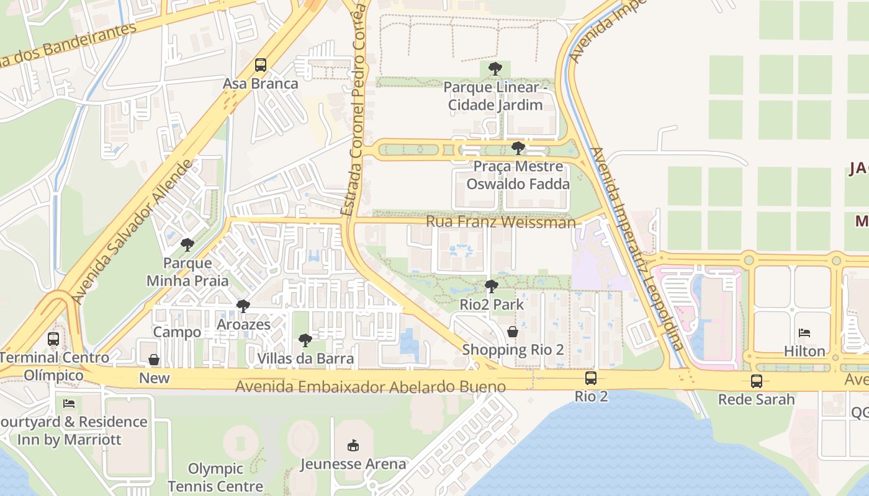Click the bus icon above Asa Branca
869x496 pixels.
(x=261, y=65)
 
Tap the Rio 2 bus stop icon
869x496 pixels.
(x=591, y=378)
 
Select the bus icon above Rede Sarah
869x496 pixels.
(x=756, y=381)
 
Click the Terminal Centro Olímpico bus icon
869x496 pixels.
(x=53, y=339)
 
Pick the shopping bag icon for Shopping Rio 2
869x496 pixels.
(x=513, y=332)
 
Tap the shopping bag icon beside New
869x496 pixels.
(x=154, y=360)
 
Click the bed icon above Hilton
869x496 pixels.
(x=804, y=333)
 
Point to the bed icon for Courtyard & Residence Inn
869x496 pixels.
(x=69, y=404)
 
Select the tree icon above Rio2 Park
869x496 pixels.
(x=492, y=286)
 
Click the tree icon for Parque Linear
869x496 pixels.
(x=495, y=69)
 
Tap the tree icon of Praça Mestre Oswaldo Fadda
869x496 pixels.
(x=518, y=148)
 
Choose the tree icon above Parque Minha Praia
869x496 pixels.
(x=187, y=245)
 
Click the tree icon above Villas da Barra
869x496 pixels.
(x=305, y=340)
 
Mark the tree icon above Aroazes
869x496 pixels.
(x=243, y=306)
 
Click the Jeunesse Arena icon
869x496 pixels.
(x=353, y=445)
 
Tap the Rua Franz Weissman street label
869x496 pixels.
(x=500, y=222)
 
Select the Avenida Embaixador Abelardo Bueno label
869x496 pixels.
(x=370, y=387)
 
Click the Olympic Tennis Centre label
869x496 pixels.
(x=215, y=477)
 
